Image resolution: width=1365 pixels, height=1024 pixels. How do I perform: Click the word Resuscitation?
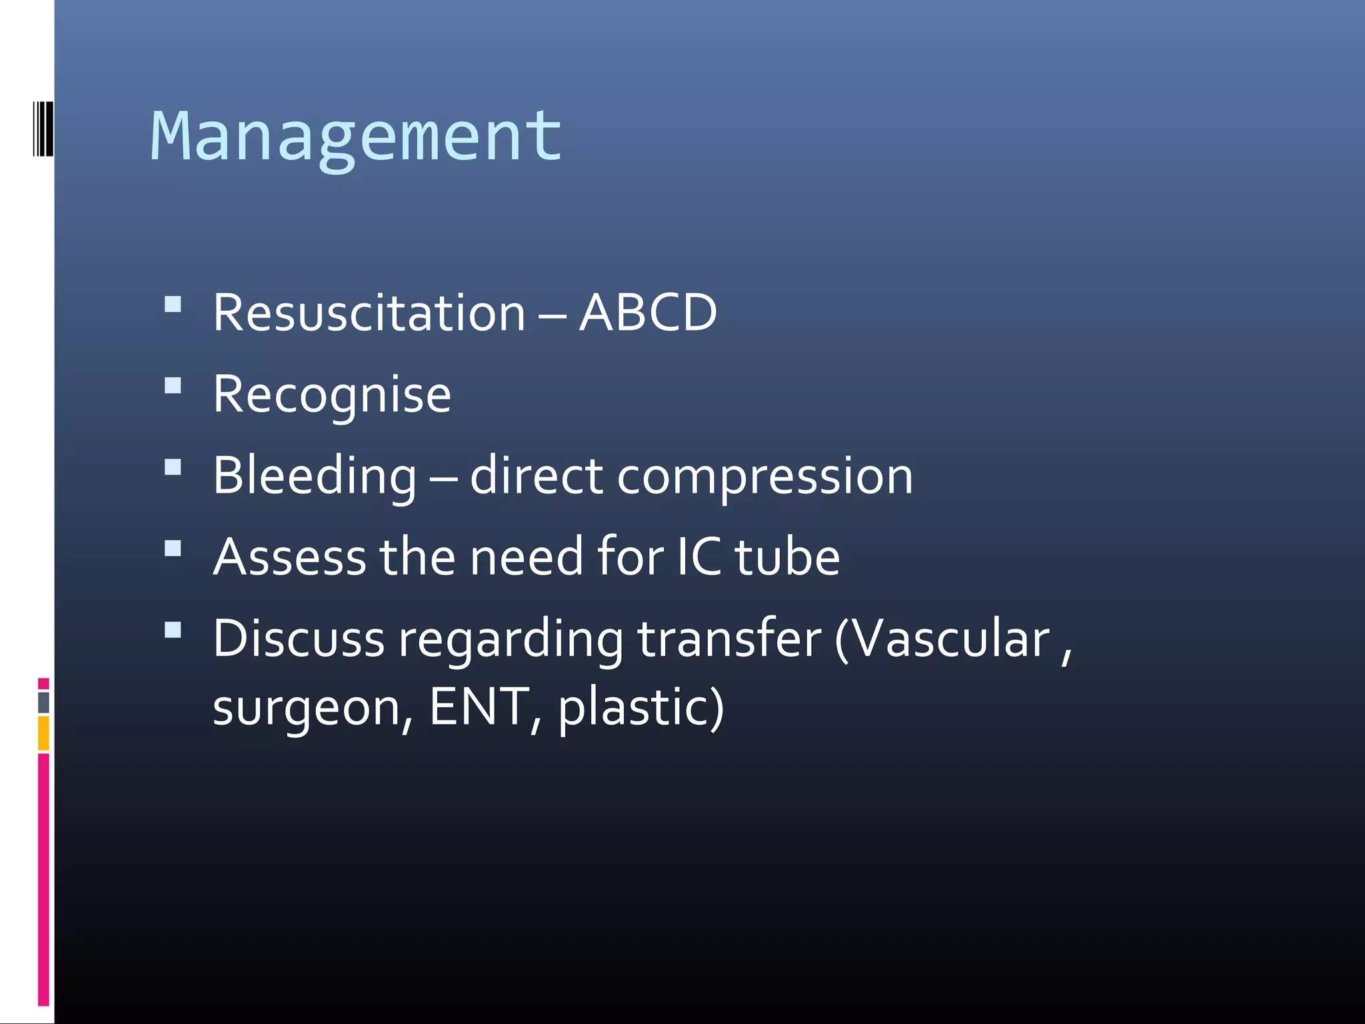click(369, 313)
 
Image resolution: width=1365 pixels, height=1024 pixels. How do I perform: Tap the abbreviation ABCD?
click(648, 313)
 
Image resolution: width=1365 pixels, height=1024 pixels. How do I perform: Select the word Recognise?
click(332, 395)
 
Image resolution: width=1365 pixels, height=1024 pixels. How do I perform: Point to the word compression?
click(764, 477)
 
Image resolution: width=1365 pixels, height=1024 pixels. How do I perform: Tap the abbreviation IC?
click(699, 557)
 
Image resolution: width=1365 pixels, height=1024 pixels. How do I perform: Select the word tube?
click(787, 557)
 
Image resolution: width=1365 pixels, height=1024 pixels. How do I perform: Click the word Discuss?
click(299, 639)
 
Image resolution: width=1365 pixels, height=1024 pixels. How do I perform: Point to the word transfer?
click(729, 639)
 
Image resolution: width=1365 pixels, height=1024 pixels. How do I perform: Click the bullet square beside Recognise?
click(173, 386)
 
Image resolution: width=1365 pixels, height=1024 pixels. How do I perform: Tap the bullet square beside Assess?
click(173, 548)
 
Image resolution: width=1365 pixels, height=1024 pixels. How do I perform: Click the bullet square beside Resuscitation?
click(173, 304)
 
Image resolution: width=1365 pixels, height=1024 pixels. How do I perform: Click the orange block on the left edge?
click(43, 733)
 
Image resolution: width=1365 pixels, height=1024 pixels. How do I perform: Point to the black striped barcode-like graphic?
click(43, 128)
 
